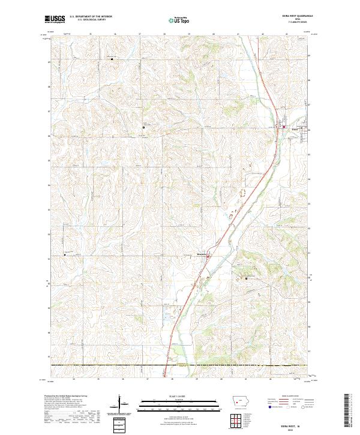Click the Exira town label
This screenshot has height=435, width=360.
pos(295,128)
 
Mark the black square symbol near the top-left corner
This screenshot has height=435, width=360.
pos(112,58)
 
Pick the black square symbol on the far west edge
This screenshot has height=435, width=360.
pos(65,255)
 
